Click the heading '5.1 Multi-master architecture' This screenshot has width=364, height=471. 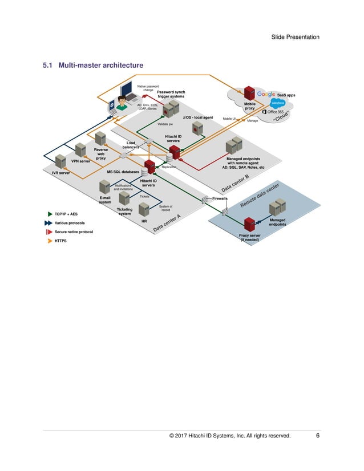[94, 66]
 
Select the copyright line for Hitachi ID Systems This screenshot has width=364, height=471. [230, 436]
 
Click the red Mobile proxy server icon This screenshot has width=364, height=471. [249, 93]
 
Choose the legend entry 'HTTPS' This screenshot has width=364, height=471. [60, 241]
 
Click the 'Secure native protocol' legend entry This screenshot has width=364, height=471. [74, 232]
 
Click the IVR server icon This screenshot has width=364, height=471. [60, 163]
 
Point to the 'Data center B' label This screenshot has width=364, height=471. [235, 183]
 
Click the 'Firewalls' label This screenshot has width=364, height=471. [220, 198]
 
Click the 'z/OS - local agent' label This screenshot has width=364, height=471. [197, 117]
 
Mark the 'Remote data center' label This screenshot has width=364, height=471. [260, 195]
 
